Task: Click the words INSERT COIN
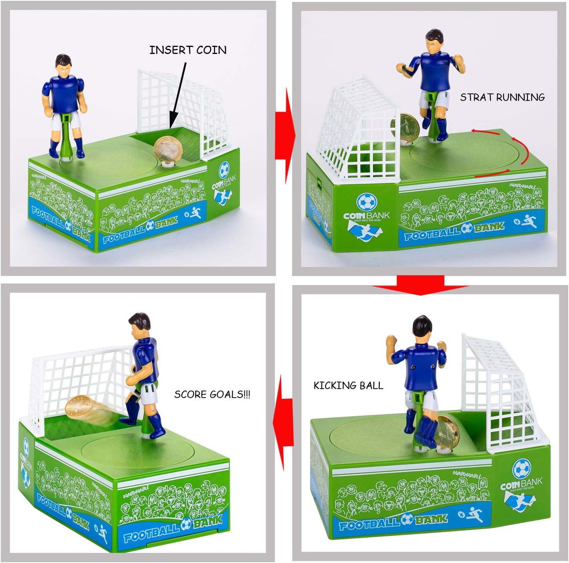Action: pos(188,50)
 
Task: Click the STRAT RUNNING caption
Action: pos(502,97)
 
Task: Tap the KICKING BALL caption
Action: pos(348,385)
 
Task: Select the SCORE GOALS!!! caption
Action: pos(212,394)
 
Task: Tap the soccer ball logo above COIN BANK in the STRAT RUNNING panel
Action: pos(367,202)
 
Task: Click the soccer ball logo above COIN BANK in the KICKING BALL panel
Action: pos(522,468)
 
